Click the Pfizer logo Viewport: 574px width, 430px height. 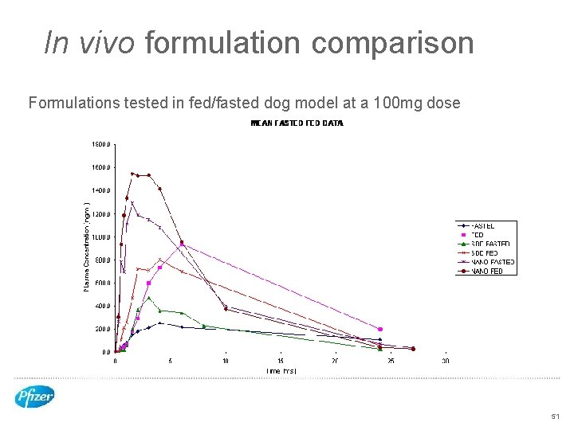[34, 396]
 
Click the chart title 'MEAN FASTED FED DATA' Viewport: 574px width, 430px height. [297, 123]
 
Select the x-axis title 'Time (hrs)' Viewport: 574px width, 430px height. [281, 371]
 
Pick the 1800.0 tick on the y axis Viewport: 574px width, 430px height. [100, 145]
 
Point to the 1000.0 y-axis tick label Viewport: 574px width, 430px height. [100, 237]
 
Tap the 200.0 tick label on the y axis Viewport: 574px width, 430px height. [100, 329]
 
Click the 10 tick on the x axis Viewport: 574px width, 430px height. [226, 361]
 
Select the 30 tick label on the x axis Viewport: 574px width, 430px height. [446, 361]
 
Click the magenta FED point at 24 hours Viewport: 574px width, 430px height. [380, 329]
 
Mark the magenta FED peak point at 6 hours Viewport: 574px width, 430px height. [182, 244]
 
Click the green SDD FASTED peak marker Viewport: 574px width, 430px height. [148, 298]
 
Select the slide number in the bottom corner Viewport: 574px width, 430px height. [555, 416]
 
